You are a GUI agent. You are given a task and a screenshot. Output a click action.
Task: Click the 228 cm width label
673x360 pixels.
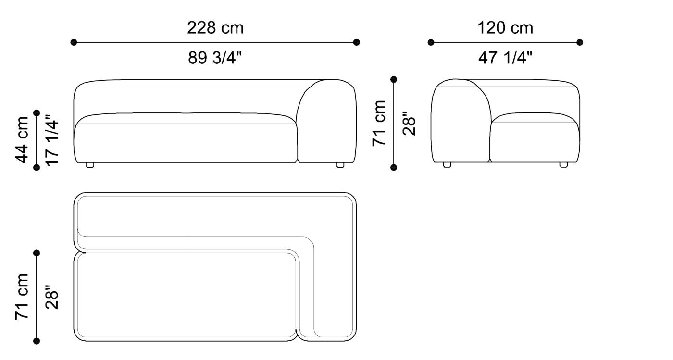pos(215,28)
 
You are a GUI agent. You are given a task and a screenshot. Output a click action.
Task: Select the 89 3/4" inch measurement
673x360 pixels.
pos(215,58)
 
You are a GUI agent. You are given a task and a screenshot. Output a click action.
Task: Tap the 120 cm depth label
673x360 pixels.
pos(505,28)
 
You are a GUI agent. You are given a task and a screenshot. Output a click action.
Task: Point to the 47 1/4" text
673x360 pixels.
pos(505,58)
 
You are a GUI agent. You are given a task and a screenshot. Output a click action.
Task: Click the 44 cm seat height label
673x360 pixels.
pos(23,139)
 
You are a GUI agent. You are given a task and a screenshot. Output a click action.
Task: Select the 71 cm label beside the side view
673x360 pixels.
pos(379,123)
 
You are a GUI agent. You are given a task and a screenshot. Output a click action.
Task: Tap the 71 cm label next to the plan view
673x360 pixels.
pos(23,297)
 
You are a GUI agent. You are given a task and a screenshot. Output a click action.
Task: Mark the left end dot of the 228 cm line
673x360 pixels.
pos(74,42)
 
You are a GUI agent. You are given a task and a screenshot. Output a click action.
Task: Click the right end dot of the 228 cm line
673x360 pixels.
pos(356,42)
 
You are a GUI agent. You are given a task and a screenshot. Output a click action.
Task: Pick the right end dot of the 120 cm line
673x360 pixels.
pos(580,42)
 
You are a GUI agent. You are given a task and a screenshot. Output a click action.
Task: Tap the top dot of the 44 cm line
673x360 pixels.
pos(37,113)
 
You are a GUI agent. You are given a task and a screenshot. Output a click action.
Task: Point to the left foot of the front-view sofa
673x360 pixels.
pos(89,165)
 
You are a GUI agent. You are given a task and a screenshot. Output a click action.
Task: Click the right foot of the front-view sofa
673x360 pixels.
pos(340,165)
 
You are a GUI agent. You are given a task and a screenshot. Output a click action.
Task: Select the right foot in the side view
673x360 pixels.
pos(563,165)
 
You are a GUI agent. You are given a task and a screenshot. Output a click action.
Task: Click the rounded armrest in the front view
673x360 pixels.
pos(326,120)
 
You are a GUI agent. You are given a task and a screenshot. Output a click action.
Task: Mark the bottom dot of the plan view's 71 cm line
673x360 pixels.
pos(37,341)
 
